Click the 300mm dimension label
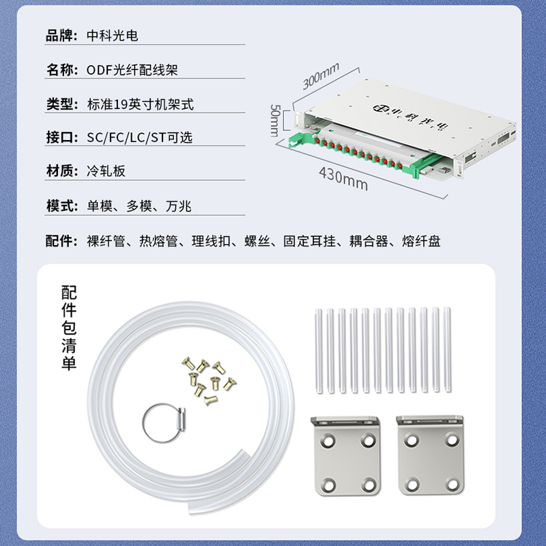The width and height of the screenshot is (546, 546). pyautogui.click(x=320, y=76)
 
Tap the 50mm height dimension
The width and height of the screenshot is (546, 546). pyautogui.click(x=275, y=120)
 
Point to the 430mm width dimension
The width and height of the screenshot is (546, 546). pyautogui.click(x=343, y=178)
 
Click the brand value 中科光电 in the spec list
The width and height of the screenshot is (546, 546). pyautogui.click(x=112, y=35)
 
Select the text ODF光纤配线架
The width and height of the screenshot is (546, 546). pyautogui.click(x=132, y=70)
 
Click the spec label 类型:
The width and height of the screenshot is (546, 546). pyautogui.click(x=62, y=104)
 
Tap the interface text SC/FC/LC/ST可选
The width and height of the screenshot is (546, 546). pyautogui.click(x=140, y=137)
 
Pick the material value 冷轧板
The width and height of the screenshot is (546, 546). pyautogui.click(x=106, y=171)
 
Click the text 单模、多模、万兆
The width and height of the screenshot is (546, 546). pyautogui.click(x=139, y=206)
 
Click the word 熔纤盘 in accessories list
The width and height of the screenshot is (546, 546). pyautogui.click(x=421, y=241)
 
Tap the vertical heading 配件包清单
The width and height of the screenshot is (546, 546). pyautogui.click(x=69, y=328)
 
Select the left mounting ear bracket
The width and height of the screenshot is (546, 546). pyautogui.click(x=345, y=455)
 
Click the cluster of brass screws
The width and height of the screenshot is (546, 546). pyautogui.click(x=209, y=380)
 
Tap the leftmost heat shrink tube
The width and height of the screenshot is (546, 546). pyautogui.click(x=319, y=350)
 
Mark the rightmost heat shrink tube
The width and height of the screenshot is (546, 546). pyautogui.click(x=447, y=349)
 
